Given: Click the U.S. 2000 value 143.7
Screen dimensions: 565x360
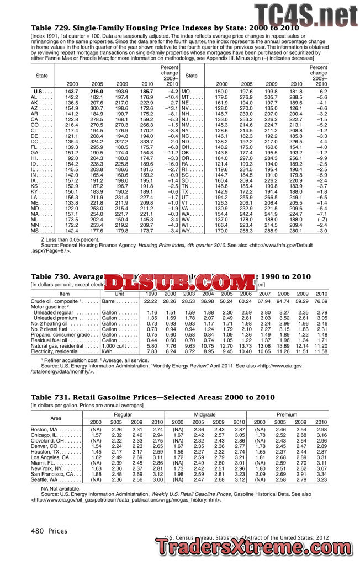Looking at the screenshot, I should [71, 90].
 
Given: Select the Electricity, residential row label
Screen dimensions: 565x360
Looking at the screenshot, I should [55, 351].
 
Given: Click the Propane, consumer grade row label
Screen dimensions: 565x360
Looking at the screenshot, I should [60, 334].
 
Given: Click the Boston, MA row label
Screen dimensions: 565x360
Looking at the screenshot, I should [48, 429].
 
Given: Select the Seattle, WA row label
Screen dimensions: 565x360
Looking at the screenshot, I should [48, 479].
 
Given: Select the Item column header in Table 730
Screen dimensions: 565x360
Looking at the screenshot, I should [65, 294].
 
